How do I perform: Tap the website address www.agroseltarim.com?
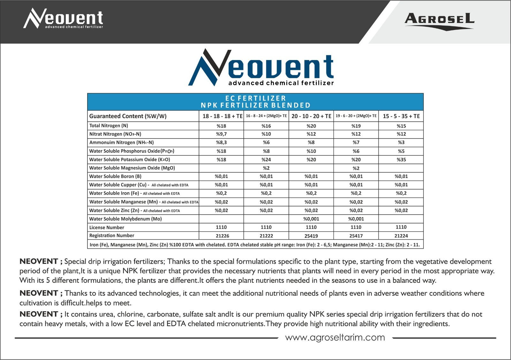point(335,337)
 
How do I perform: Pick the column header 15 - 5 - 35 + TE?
point(401,116)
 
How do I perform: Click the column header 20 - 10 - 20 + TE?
point(311,116)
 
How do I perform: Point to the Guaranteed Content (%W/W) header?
point(128,116)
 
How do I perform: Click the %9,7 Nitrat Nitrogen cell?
point(221,134)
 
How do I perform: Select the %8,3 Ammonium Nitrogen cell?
point(221,142)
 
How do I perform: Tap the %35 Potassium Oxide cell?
point(401,160)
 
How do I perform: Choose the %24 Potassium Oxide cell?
point(266,160)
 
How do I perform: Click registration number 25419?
point(311,236)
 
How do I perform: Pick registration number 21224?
point(401,236)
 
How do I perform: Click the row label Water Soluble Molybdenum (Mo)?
point(126,219)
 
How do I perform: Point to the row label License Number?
point(107,228)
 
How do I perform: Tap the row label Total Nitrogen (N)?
point(109,126)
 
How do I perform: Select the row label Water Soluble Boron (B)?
point(115,176)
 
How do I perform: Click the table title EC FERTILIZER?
point(256,98)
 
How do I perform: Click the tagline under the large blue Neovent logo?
point(281,83)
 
